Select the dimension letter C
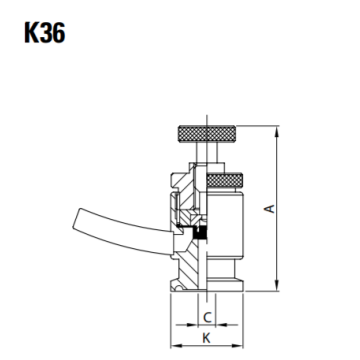[206, 318]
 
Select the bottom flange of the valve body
[206, 290]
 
